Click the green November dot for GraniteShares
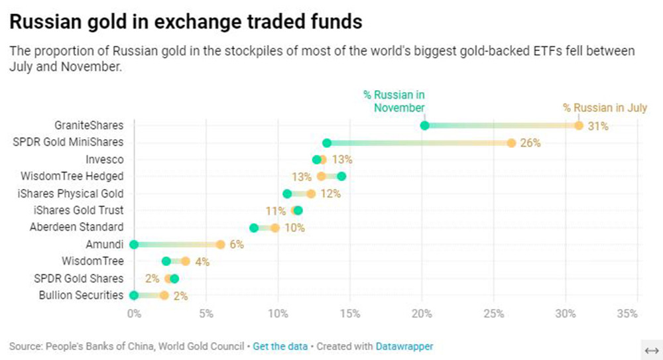click(x=424, y=125)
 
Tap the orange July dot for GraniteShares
click(x=579, y=125)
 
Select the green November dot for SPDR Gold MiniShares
click(x=327, y=143)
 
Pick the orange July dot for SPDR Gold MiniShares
click(x=511, y=143)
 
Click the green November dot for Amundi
click(x=134, y=244)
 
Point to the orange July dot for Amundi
click(x=220, y=244)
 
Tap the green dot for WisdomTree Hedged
click(x=341, y=176)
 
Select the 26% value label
click(x=530, y=143)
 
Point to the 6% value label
click(x=237, y=245)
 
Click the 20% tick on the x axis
click(x=422, y=313)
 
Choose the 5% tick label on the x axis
click(x=206, y=313)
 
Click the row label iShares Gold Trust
click(x=78, y=210)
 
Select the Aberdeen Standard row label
click(x=77, y=227)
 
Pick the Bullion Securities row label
click(x=80, y=295)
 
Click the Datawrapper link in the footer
click(x=404, y=347)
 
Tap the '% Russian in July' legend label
click(x=605, y=108)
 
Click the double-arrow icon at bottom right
click(x=651, y=350)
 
